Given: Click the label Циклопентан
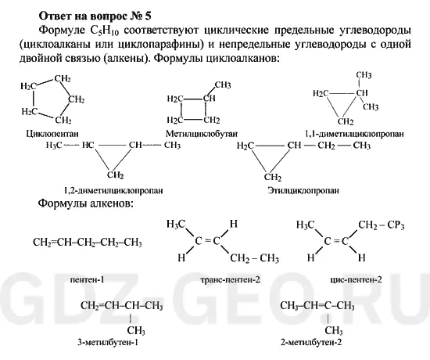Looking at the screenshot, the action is click(x=52, y=134).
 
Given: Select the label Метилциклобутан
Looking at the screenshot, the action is click(x=202, y=134).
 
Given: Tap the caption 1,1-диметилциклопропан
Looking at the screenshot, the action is click(x=354, y=134).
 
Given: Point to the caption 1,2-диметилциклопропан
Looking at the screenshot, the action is click(x=113, y=191).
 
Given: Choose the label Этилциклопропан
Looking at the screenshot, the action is click(x=303, y=191).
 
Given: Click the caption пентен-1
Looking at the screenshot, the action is click(x=88, y=280).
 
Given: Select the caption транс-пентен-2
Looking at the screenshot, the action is click(x=231, y=280).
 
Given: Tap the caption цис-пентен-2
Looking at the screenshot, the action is click(x=356, y=280).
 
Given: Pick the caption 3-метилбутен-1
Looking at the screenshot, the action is click(x=108, y=343).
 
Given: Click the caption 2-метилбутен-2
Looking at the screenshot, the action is click(x=311, y=343).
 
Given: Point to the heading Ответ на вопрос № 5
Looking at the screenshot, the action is click(x=95, y=16).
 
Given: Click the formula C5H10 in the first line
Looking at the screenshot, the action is click(x=105, y=31).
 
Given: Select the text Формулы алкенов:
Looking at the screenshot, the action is click(x=86, y=203).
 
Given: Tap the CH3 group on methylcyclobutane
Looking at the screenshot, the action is click(x=223, y=85).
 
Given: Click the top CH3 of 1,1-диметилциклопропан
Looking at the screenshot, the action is click(x=364, y=75).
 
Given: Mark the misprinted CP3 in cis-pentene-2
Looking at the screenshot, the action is click(x=396, y=225).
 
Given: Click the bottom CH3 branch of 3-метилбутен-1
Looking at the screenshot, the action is click(x=136, y=330).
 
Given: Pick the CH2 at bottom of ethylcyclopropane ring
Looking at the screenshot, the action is click(x=273, y=178).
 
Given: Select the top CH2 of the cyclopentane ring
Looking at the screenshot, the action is click(x=63, y=79).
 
